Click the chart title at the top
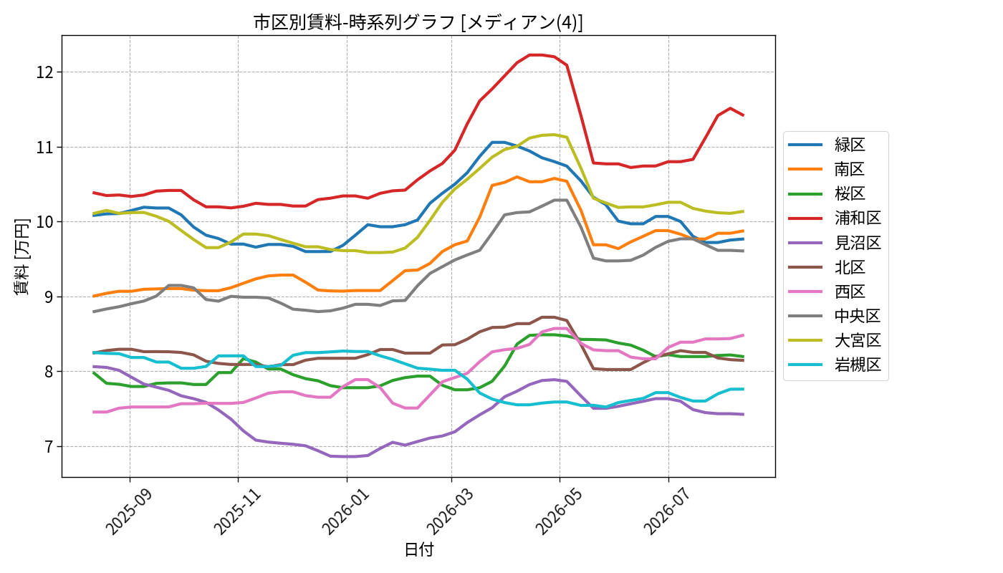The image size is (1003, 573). pos(418,22)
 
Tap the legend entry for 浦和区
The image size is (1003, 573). pos(835,218)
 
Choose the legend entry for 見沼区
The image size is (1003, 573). pos(835,243)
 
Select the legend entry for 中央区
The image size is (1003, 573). pos(835,316)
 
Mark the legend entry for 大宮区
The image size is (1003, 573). pos(835,341)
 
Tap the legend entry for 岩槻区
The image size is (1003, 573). pos(835,365)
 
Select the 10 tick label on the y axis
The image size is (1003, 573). pos(45,222)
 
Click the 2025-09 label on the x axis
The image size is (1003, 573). pos(129,511)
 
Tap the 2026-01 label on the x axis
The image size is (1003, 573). pos(345,511)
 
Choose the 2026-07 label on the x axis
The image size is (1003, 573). pos(668,511)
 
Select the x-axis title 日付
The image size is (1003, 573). pos(418,550)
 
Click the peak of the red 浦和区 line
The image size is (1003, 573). pos(536,55)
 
